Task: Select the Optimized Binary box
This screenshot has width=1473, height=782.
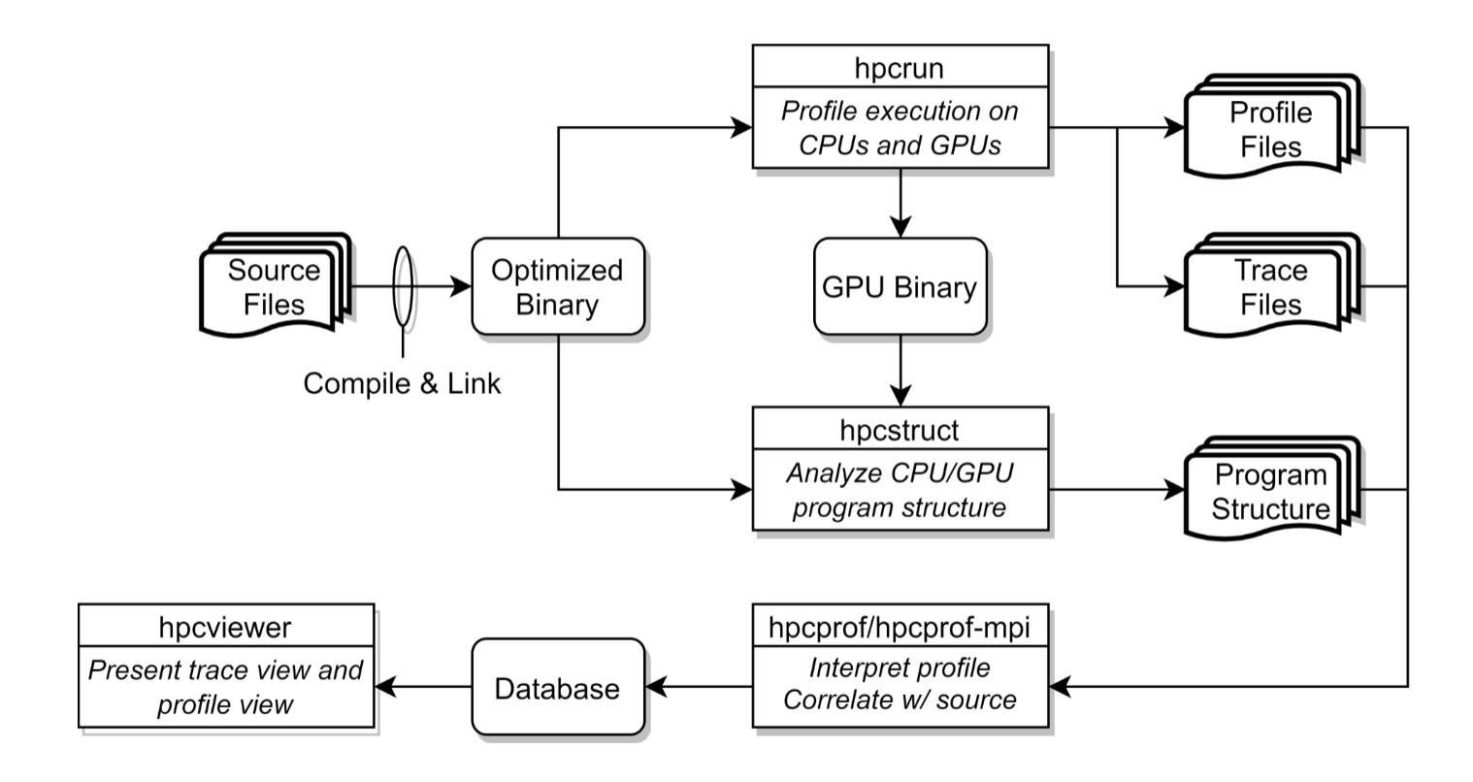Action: (557, 287)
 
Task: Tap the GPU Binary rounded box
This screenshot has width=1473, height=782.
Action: (900, 287)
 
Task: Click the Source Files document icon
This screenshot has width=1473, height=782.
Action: (274, 287)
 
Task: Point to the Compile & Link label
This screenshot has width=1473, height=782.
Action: (402, 383)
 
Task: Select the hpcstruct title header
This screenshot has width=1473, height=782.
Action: (900, 428)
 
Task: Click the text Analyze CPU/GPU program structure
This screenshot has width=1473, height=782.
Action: (899, 492)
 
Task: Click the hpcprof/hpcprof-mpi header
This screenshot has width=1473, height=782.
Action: (900, 627)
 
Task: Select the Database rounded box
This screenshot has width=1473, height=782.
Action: (557, 689)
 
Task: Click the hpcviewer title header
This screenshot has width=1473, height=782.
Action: (225, 627)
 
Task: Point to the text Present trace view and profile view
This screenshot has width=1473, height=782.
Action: (225, 686)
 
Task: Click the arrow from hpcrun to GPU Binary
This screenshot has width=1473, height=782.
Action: (900, 204)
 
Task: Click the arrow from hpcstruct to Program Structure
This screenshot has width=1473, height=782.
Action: (1116, 492)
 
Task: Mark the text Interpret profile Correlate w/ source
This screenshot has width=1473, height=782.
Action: (899, 684)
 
